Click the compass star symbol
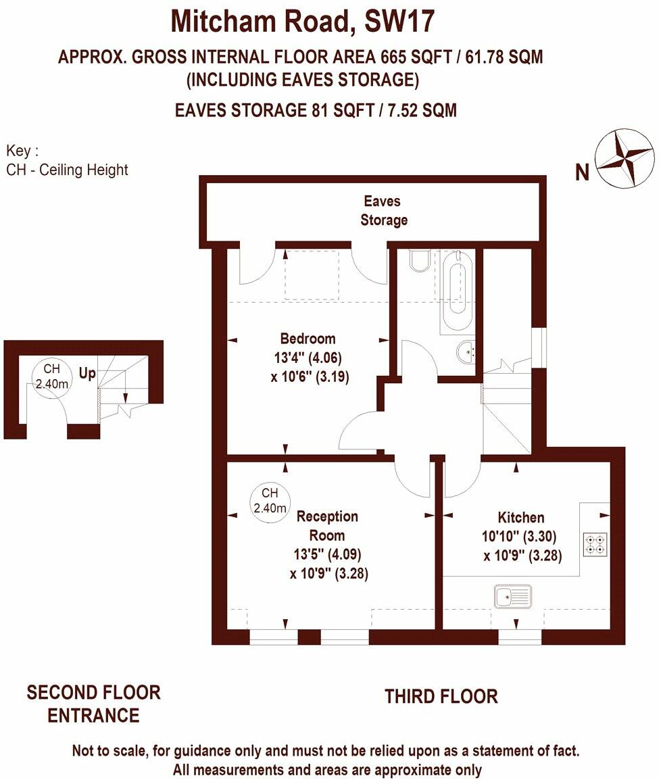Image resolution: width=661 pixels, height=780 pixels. tap(625, 160)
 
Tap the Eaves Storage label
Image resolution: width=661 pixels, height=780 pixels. tap(383, 210)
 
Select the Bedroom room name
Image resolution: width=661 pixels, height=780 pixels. tap(308, 339)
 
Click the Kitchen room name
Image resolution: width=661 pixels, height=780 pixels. tap(520, 517)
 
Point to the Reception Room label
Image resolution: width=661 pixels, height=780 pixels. tap(327, 526)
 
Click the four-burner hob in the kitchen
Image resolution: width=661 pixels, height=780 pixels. tap(595, 543)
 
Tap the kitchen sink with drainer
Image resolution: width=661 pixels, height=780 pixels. tap(513, 596)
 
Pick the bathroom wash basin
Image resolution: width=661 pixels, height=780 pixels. tap(466, 352)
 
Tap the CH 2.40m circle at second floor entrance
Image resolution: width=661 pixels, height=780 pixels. tap(52, 376)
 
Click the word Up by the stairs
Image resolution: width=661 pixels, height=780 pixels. tap(87, 373)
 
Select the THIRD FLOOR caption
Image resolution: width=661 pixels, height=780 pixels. tap(441, 696)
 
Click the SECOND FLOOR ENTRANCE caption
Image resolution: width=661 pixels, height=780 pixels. tap(93, 704)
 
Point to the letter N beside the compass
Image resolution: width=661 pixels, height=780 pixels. tap(582, 172)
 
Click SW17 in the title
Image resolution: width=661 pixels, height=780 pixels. tap(399, 22)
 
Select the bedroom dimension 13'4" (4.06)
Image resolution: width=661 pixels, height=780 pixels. tap(308, 358)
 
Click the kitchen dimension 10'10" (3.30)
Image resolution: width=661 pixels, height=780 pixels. tap(519, 536)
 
